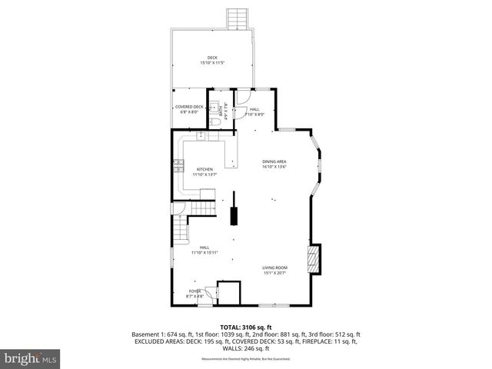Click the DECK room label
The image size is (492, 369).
tap(212, 58)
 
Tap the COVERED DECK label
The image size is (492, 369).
tap(189, 107)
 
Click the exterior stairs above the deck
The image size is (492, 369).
tap(238, 18)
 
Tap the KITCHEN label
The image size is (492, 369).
tap(204, 169)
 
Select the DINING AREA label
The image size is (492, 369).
tap(274, 161)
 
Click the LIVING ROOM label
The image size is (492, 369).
tap(274, 268)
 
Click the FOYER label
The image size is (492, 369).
tap(195, 291)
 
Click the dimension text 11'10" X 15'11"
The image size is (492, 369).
tap(204, 253)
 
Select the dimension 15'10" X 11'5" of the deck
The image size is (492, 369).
tap(212, 63)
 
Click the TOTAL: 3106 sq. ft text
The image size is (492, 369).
tap(246, 327)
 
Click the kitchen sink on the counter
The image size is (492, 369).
tap(201, 137)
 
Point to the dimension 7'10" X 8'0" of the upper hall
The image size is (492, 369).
tap(255, 115)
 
